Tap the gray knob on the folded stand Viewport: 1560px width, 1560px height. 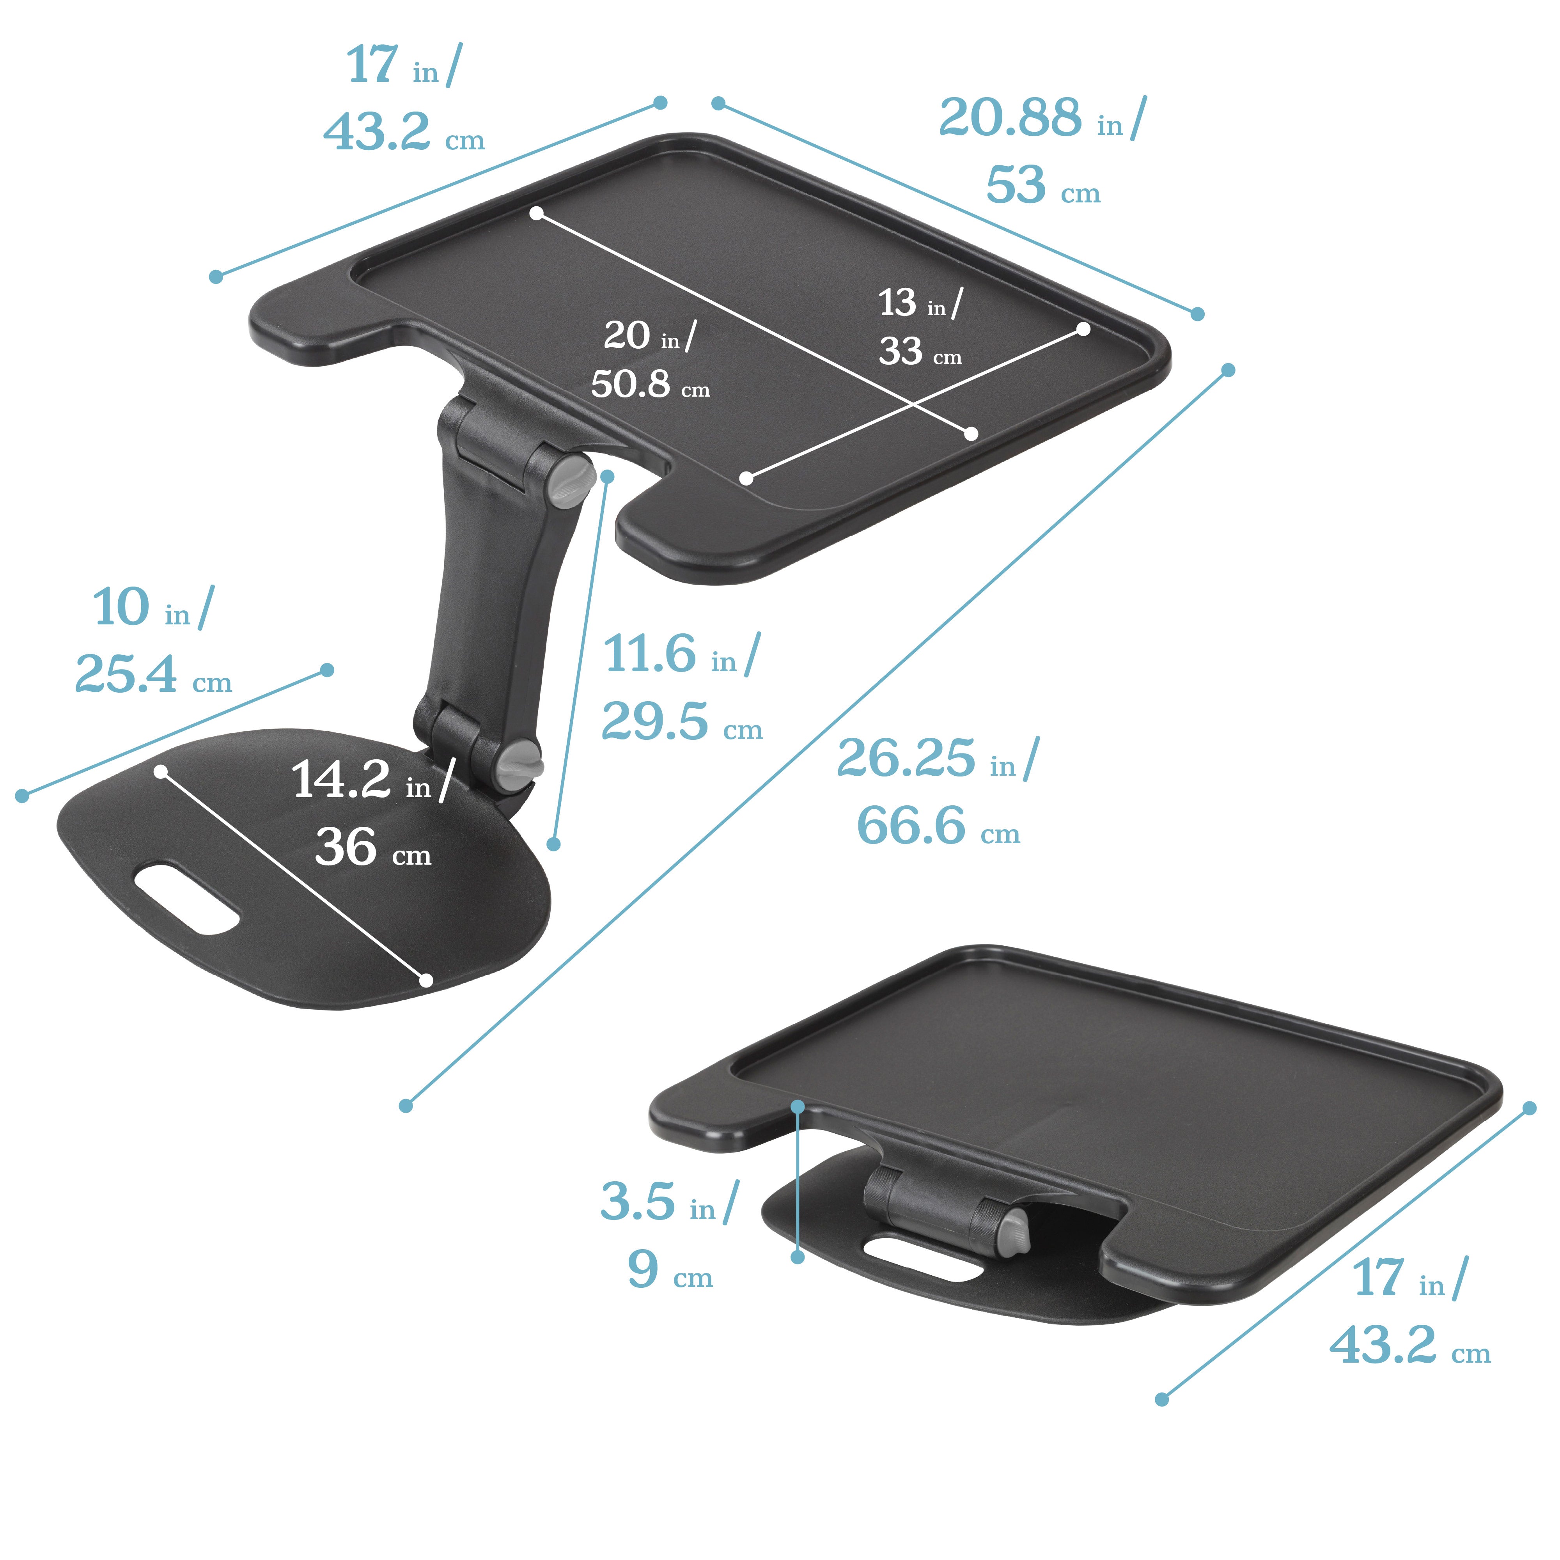coord(1015,1233)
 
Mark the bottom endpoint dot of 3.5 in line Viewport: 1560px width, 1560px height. coord(798,1257)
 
